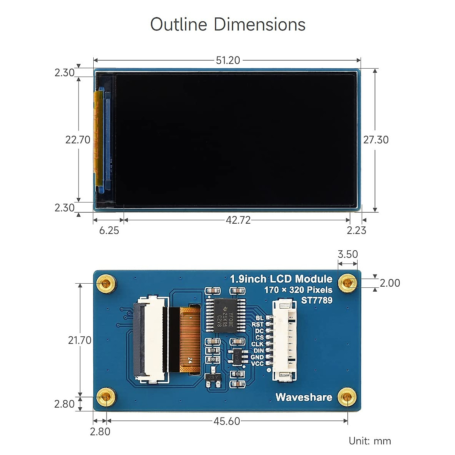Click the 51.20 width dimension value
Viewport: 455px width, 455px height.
228,60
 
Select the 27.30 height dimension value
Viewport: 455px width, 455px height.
376,140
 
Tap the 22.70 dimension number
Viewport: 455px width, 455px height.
78,140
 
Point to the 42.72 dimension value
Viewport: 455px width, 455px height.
238,220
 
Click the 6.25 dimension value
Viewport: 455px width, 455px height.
109,231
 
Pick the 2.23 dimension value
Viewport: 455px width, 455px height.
356,231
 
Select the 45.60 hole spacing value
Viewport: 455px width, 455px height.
227,421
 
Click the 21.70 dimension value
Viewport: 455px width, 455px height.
80,340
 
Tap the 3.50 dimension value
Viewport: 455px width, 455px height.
348,254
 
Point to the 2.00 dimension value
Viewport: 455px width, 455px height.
390,283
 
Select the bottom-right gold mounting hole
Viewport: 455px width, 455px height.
347,397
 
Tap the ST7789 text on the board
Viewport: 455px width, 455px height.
317,300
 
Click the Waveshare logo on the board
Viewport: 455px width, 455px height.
304,397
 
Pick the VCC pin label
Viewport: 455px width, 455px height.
257,364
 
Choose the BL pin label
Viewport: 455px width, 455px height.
259,318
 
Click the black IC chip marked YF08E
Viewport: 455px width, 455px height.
225,315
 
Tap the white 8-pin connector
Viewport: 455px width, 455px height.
284,340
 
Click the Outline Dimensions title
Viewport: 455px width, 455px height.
227,25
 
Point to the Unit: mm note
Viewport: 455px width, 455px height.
370,441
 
